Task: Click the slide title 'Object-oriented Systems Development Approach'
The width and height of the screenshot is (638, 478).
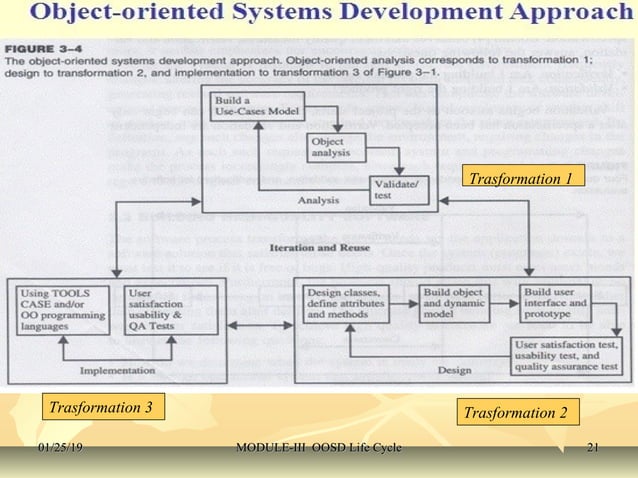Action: pyautogui.click(x=318, y=15)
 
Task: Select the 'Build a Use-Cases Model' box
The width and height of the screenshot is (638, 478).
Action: pyautogui.click(x=244, y=105)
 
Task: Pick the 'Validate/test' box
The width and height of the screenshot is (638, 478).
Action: pyautogui.click(x=395, y=188)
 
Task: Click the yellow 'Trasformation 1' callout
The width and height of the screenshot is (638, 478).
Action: pyautogui.click(x=520, y=179)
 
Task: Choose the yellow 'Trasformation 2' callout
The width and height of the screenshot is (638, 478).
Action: pyautogui.click(x=520, y=412)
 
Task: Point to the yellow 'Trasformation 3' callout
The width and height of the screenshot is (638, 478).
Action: pyautogui.click(x=101, y=408)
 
